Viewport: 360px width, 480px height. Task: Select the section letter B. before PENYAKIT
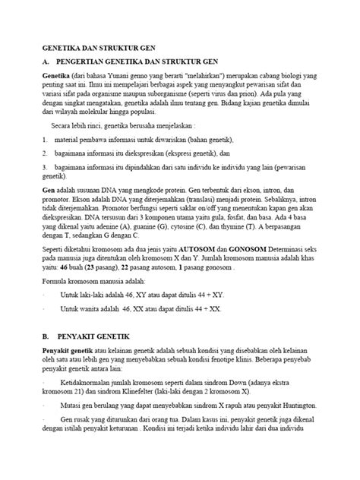(x=46, y=335)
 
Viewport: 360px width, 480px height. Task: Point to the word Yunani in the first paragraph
(x=132, y=77)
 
